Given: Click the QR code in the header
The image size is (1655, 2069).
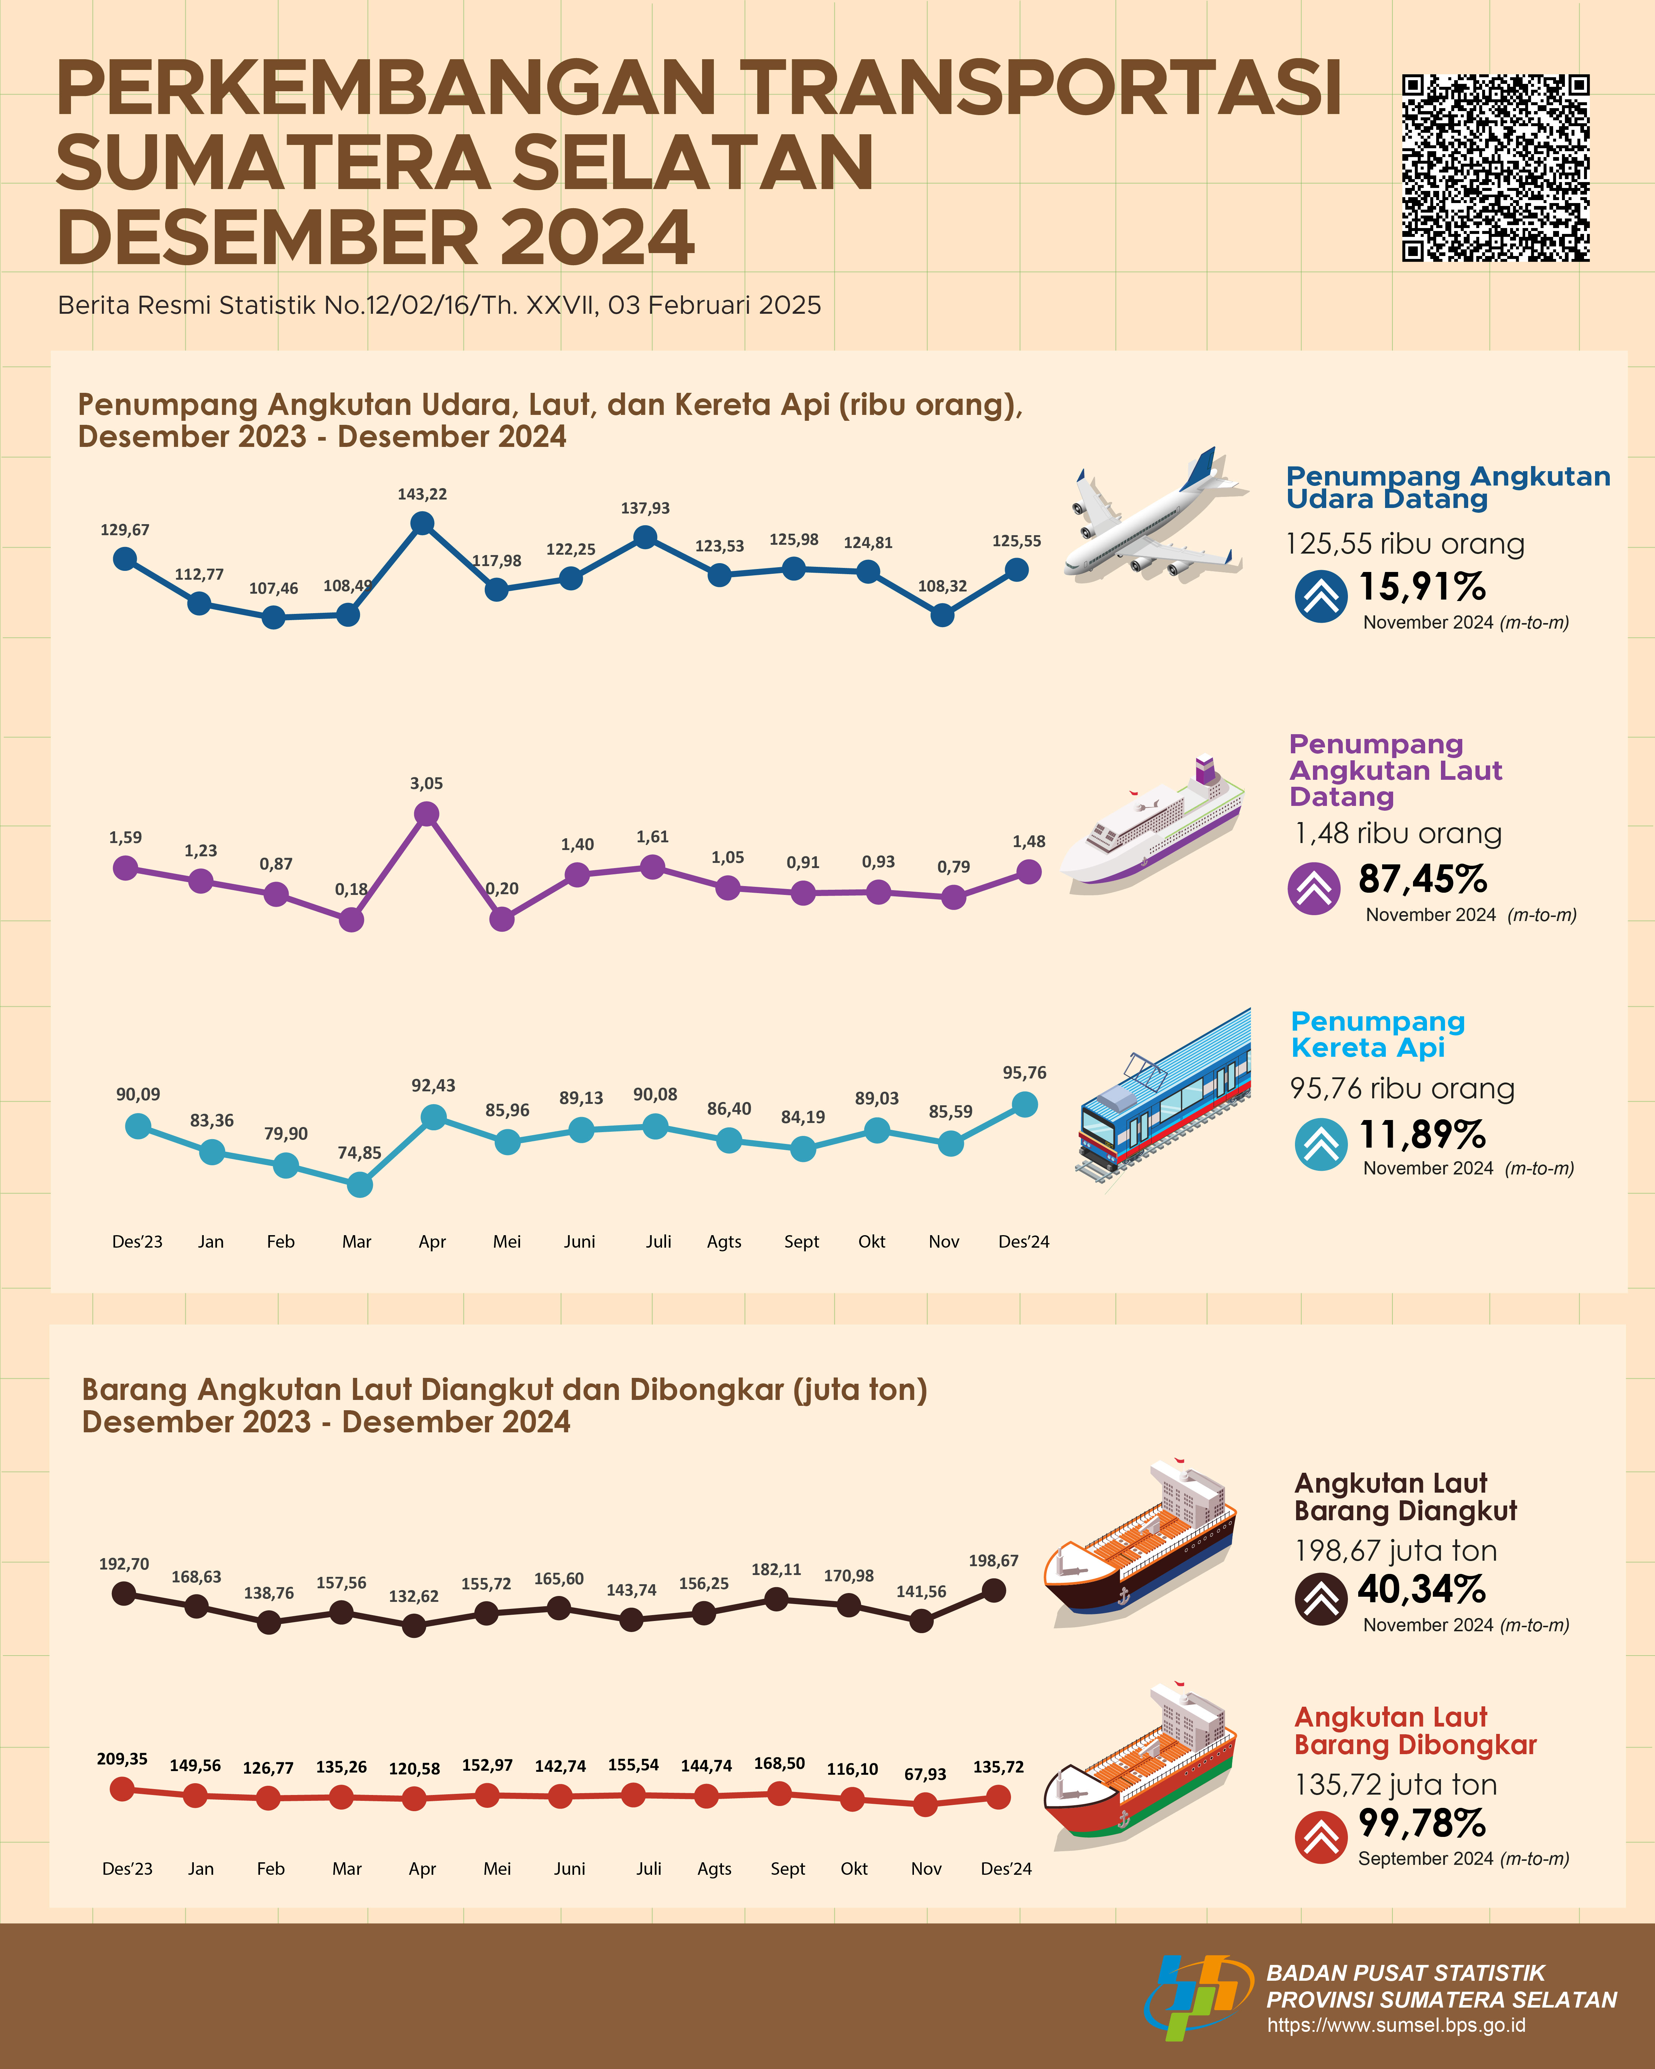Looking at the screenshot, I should coord(1495,168).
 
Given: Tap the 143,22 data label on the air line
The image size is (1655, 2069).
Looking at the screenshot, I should coord(422,494).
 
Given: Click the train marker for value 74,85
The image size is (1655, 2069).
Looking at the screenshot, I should coord(360,1185).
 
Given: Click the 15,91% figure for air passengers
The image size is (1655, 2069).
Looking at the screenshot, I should coord(1422,587).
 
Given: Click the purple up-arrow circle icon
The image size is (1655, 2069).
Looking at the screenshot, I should coord(1313,889).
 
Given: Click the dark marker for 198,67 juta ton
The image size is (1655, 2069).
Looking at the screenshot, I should coord(994,1590).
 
